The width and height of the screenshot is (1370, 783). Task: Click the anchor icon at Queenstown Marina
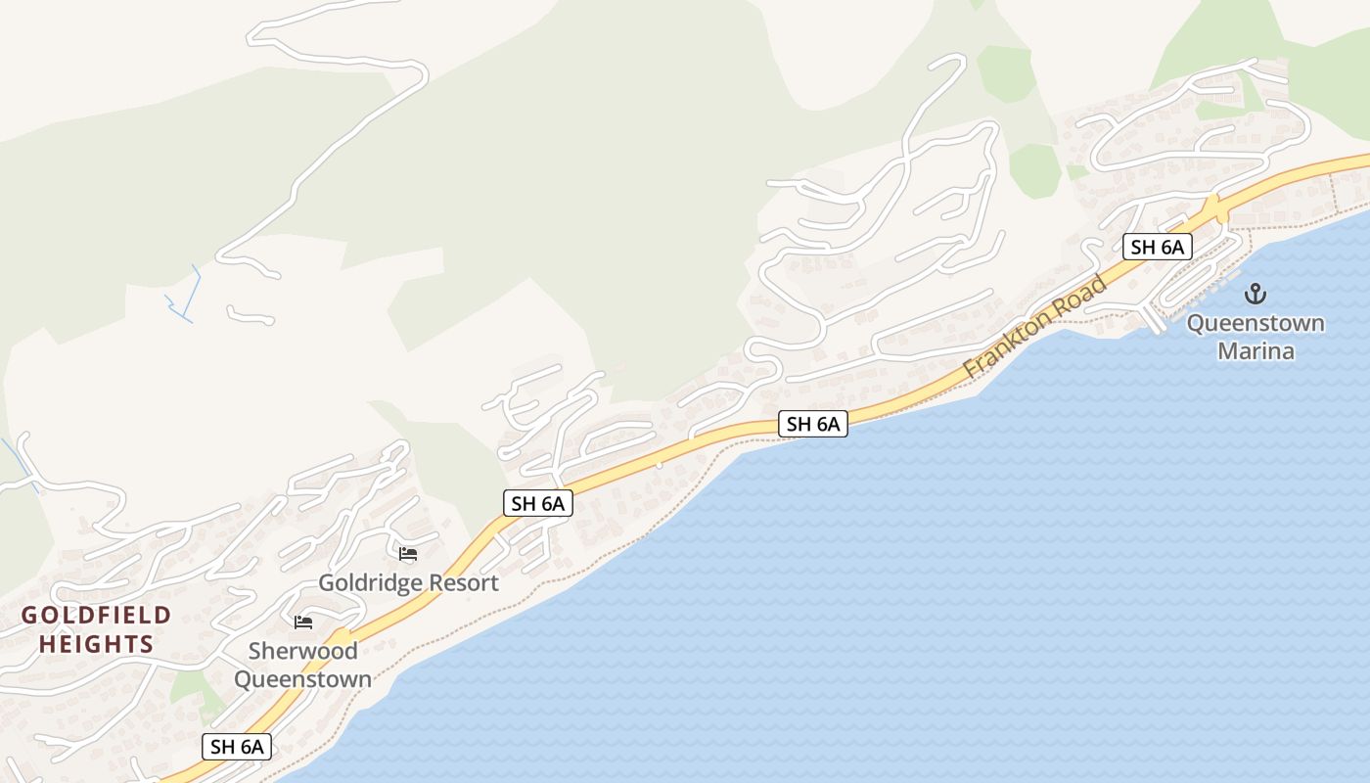click(x=1255, y=294)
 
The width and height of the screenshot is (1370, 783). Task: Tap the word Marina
click(x=1256, y=350)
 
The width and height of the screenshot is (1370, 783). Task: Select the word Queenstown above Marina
click(x=1256, y=323)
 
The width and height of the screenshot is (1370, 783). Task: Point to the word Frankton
click(x=1008, y=344)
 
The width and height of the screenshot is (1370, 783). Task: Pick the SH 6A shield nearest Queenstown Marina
click(x=1157, y=247)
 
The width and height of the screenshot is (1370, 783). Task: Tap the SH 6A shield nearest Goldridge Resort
click(x=537, y=503)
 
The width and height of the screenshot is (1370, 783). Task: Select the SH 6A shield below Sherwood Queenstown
click(x=237, y=746)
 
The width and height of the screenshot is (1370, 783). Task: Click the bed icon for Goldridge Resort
click(x=408, y=554)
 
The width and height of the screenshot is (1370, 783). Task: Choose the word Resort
click(x=462, y=583)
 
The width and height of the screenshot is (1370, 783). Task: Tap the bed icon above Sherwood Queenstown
click(x=303, y=622)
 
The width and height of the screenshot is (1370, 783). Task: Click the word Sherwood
click(x=302, y=651)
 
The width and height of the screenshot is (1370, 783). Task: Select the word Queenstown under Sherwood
click(x=302, y=679)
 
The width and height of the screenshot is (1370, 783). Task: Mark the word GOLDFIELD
click(x=96, y=616)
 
